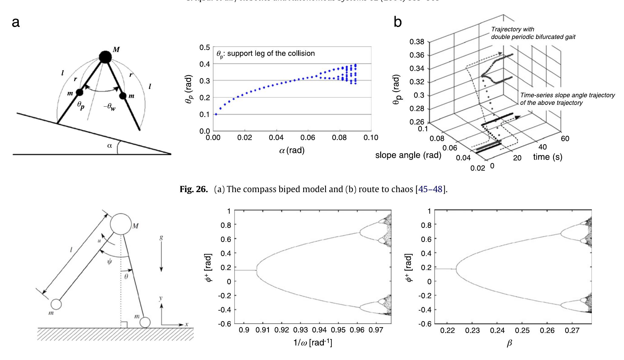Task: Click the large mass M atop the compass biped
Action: tap(105, 57)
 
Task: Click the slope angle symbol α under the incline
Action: tap(109, 145)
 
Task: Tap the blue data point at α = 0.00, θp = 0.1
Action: tap(216, 114)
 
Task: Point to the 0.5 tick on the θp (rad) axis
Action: tap(205, 48)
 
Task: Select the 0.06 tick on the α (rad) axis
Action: tap(307, 138)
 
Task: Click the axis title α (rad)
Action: tap(292, 150)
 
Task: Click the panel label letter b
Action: tap(398, 22)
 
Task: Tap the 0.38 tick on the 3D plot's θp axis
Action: tap(417, 42)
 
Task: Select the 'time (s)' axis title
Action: tap(548, 157)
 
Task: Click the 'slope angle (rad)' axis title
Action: tap(408, 155)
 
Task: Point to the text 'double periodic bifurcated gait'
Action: tap(533, 37)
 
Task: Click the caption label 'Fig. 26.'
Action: tap(193, 189)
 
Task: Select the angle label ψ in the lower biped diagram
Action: tap(109, 261)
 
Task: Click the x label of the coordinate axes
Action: tap(187, 324)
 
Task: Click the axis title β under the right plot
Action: tap(509, 343)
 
